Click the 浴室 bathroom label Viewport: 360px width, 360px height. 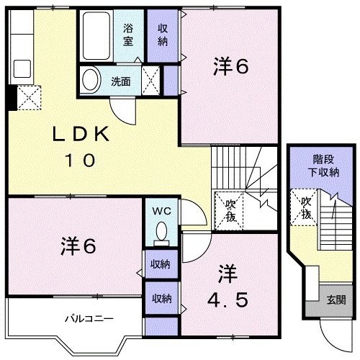(128, 35)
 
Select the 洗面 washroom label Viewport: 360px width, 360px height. (120, 81)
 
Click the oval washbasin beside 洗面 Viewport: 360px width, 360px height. (91, 79)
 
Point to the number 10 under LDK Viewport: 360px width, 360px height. (80, 161)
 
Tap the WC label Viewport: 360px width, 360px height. (161, 211)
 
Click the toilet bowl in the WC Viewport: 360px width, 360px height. (162, 231)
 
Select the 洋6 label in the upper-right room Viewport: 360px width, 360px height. (230, 66)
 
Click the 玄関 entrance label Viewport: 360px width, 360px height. (336, 300)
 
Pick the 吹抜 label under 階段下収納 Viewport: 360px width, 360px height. (305, 208)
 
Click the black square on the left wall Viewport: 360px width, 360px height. (10, 98)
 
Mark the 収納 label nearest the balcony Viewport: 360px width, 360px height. (161, 297)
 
